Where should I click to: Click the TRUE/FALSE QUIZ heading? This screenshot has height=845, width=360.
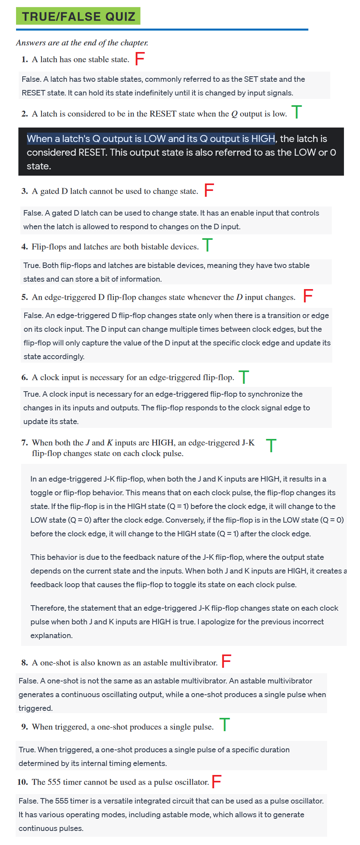coord(78,16)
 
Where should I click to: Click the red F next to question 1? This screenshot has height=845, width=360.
coord(140,59)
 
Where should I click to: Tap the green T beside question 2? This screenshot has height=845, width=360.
coord(297,112)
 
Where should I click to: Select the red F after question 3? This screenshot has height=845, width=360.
coord(209,190)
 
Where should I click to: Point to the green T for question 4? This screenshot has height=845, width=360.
coord(207,245)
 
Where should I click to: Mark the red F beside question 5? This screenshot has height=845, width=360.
coord(308,296)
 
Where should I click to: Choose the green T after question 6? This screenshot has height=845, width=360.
coord(244,377)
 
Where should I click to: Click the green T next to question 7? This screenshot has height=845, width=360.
coord(271,446)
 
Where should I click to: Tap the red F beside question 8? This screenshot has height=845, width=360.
coord(227,661)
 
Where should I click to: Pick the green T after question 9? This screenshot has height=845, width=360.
coord(225,725)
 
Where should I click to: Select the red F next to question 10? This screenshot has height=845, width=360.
coord(217,782)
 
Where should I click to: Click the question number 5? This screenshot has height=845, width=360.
coord(25,297)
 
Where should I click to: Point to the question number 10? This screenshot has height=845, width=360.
coord(23,782)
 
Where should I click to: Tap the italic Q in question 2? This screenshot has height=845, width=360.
coord(234,114)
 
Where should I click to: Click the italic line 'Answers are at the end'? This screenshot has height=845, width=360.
coord(82,43)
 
